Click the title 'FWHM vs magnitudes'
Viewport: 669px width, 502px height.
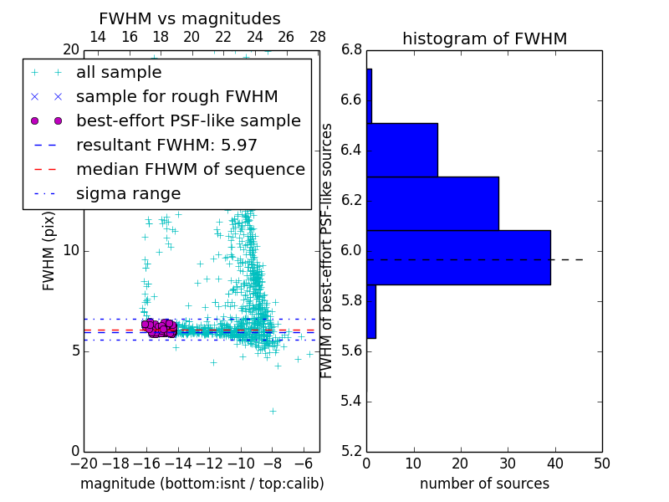190,18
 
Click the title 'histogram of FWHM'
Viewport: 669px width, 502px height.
484,38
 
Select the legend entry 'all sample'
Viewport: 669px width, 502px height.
119,73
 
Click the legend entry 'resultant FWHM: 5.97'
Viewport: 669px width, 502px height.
166,145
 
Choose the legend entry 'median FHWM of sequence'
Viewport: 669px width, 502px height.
190,169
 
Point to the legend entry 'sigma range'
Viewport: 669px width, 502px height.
128,193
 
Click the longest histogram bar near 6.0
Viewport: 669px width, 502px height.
458,257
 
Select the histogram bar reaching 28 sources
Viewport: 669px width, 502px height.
432,203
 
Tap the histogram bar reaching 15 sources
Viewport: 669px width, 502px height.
402,150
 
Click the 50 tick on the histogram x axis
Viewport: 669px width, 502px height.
601,463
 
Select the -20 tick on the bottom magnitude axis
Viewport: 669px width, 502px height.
84,463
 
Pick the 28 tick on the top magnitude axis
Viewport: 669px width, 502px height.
318,37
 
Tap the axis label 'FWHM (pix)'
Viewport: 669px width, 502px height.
49,250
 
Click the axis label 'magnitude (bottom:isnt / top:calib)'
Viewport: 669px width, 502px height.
202,484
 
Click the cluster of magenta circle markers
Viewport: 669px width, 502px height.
158,327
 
